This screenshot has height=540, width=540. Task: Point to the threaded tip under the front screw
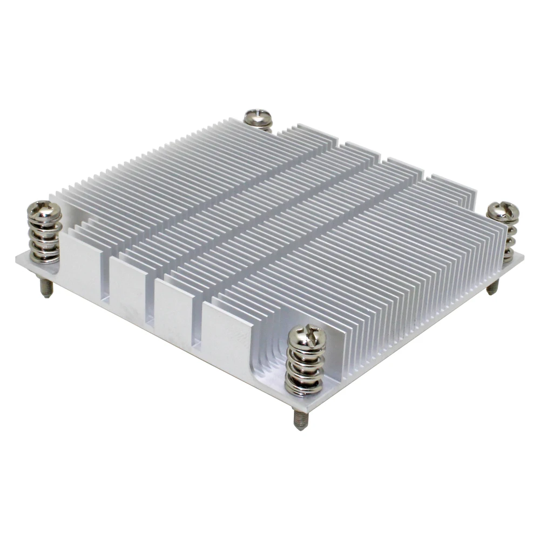300,418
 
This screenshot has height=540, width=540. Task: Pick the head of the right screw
503,212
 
